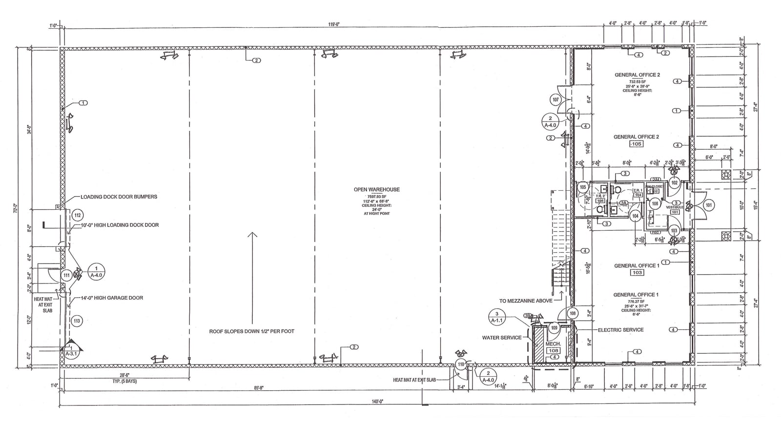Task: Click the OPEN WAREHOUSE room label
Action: point(376,190)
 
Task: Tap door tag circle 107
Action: point(555,100)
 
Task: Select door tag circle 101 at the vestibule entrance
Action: point(709,205)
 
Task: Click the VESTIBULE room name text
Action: point(675,207)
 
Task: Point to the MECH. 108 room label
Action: point(553,347)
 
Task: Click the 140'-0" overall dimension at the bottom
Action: point(378,401)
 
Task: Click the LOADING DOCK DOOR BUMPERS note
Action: point(119,197)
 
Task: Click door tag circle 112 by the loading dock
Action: point(77,215)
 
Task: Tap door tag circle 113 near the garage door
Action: point(77,321)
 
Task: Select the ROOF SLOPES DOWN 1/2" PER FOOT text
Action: point(252,331)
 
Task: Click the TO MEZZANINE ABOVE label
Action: point(526,301)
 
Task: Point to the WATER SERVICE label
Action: point(502,338)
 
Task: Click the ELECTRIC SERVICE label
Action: point(620,330)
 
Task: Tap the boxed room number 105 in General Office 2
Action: point(636,144)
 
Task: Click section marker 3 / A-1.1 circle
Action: point(497,317)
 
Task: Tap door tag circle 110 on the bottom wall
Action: point(461,364)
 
